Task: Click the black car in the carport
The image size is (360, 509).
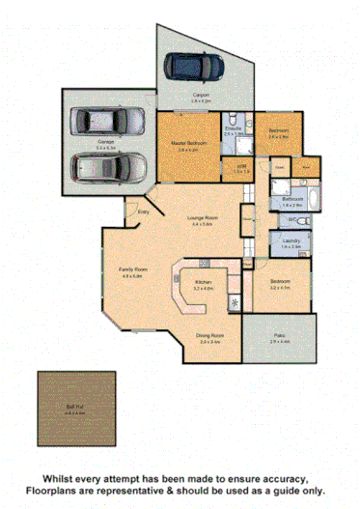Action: pyautogui.click(x=194, y=67)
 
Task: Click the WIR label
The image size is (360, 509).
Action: pyautogui.click(x=242, y=167)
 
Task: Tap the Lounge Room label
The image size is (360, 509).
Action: pyautogui.click(x=203, y=220)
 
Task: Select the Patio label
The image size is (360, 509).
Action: pyautogui.click(x=280, y=338)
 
